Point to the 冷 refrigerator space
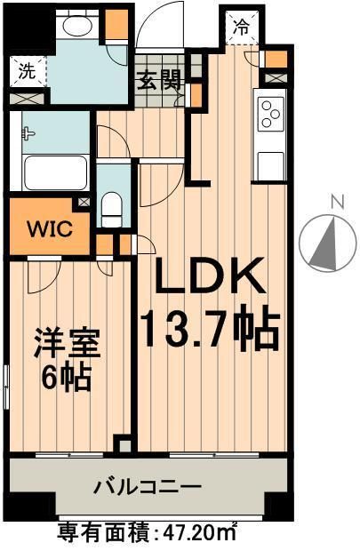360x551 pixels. pyautogui.click(x=242, y=27)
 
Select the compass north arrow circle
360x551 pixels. pyautogui.click(x=327, y=243)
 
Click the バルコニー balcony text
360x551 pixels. pyautogui.click(x=148, y=487)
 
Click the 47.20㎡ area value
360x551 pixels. pyautogui.click(x=199, y=534)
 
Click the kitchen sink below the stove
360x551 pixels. pyautogui.click(x=269, y=163)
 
